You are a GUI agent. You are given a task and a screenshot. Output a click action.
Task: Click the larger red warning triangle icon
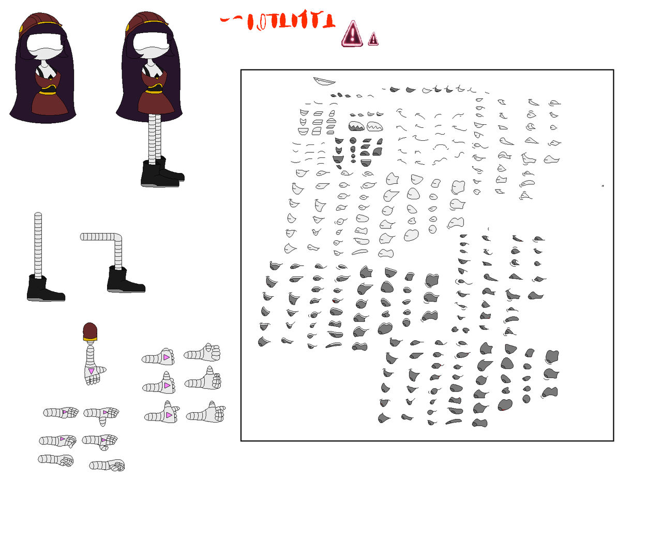pyautogui.click(x=352, y=35)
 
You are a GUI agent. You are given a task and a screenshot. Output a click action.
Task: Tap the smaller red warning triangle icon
pyautogui.click(x=373, y=39)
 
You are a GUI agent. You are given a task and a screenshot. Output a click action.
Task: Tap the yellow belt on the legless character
pyautogui.click(x=48, y=93)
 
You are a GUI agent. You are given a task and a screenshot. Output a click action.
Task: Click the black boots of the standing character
pyautogui.click(x=160, y=173)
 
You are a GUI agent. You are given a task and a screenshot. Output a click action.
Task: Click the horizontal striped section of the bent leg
pyautogui.click(x=98, y=237)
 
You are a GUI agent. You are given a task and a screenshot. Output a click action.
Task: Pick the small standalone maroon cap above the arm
pyautogui.click(x=90, y=332)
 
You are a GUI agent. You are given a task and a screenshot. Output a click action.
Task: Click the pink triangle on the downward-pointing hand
pyautogui.click(x=92, y=371)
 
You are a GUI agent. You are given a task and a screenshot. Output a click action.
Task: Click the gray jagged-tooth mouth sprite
pyautogui.click(x=356, y=126)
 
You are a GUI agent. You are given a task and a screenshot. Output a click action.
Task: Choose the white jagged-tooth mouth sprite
pyautogui.click(x=375, y=126)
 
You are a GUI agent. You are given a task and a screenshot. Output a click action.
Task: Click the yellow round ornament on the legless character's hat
pyautogui.click(x=22, y=30)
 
